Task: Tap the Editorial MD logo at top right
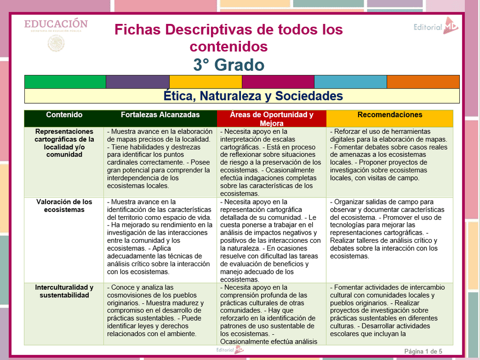(436, 26)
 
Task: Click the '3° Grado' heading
(229, 65)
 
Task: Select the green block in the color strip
(65, 82)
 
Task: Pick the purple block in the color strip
(138, 82)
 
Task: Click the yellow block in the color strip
(206, 82)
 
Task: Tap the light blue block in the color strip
(351, 82)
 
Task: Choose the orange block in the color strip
(423, 82)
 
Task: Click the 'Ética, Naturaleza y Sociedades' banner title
(253, 96)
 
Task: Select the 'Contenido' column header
(64, 115)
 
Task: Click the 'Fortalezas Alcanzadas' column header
(160, 115)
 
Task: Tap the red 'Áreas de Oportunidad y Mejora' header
(271, 119)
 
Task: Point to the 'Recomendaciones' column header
(390, 115)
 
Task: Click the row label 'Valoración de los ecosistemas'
(64, 206)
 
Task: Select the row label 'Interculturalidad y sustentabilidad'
(64, 291)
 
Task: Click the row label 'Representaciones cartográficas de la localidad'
(64, 143)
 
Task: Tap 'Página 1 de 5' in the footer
(423, 351)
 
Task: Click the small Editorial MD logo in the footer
(230, 350)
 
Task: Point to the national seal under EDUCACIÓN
(56, 43)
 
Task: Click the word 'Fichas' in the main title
(137, 30)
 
